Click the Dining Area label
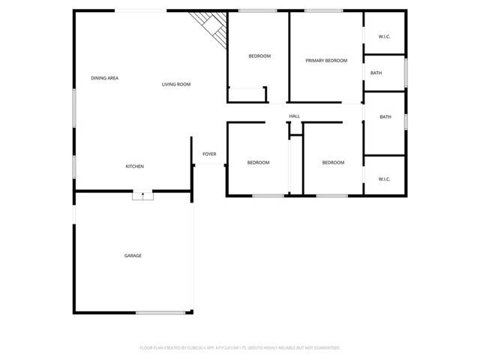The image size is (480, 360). tap(105, 78)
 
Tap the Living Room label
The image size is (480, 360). tap(176, 84)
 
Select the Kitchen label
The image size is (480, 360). tap(134, 166)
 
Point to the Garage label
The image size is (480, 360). tap(133, 256)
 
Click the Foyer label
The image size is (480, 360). tap(209, 154)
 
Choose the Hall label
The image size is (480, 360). tap(295, 116)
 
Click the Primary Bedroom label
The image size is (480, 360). tap(326, 60)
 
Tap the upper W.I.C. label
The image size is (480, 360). tap(385, 36)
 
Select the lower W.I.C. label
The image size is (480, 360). tap(385, 179)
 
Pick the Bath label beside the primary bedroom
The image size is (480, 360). tap(376, 73)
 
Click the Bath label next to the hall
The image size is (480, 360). tap(385, 117)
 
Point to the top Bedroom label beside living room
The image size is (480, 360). tap(259, 56)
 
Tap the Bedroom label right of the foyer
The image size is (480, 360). tap(258, 163)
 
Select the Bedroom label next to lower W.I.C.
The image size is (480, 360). tap(333, 163)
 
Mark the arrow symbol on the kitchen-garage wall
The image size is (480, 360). tap(142, 195)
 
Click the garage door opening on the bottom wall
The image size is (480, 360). tap(160, 313)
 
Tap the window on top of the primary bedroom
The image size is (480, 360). tap(324, 10)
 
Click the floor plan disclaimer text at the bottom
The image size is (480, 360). tap(240, 348)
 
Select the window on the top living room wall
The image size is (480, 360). tap(140, 10)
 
